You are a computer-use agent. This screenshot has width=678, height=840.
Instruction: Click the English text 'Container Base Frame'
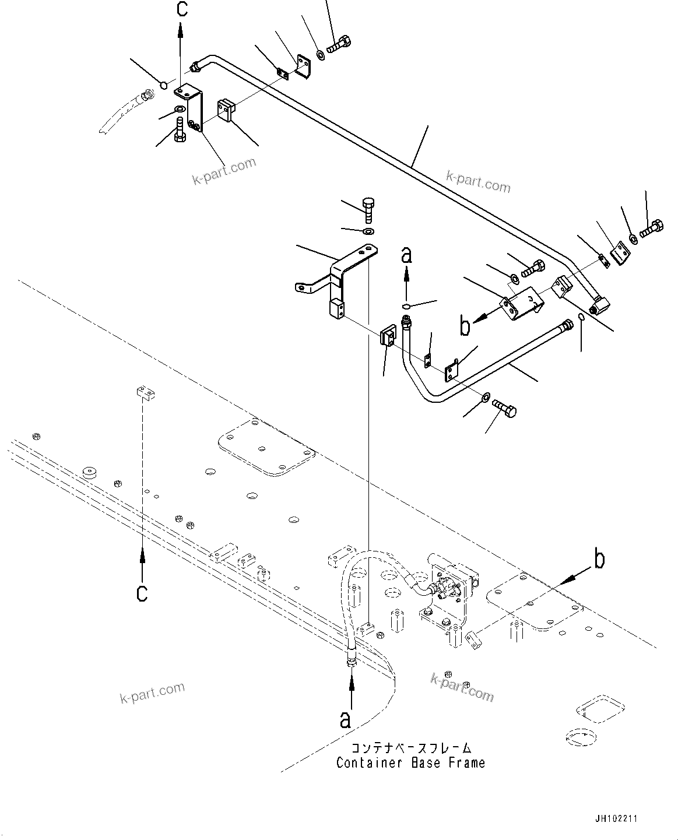(410, 762)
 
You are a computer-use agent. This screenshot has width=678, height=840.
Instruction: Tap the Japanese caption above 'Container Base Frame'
(410, 748)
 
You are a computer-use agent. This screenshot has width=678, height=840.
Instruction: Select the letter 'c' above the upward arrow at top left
(181, 10)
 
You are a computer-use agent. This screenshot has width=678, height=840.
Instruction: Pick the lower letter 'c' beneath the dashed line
(142, 593)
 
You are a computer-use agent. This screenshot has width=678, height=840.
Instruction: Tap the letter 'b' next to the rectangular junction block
(465, 326)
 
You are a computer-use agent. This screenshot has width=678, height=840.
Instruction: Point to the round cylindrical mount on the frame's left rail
(89, 473)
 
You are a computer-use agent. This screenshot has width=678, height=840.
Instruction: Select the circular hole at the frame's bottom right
(581, 735)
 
